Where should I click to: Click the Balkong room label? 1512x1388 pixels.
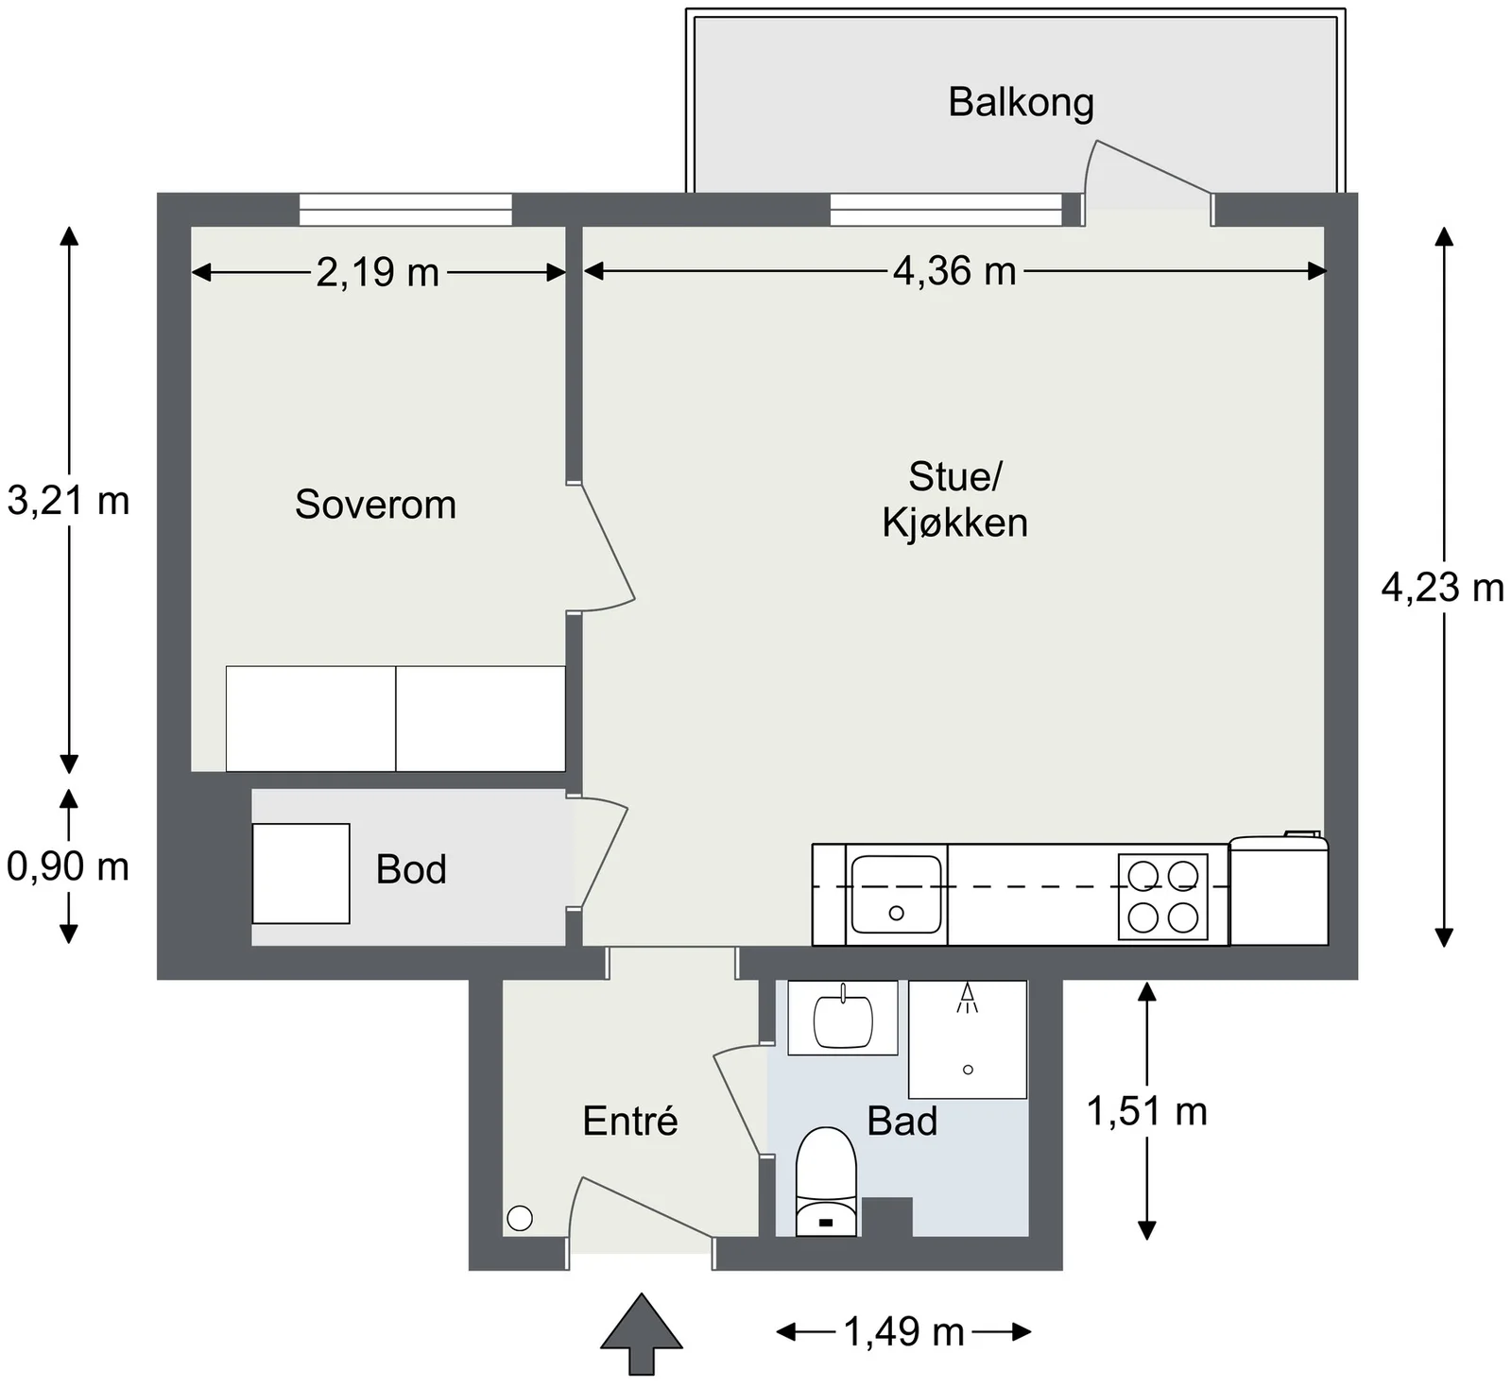pyautogui.click(x=1021, y=102)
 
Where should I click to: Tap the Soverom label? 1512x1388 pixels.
pyautogui.click(x=375, y=505)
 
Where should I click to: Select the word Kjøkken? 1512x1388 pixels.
pyautogui.click(x=954, y=523)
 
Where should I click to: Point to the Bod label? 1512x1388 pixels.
pyautogui.click(x=411, y=869)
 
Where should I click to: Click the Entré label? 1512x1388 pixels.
pyautogui.click(x=630, y=1121)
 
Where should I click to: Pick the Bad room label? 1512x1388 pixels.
pyautogui.click(x=902, y=1122)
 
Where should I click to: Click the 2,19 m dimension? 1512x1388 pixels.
pyautogui.click(x=377, y=273)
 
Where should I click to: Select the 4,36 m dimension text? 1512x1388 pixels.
pyautogui.click(x=954, y=272)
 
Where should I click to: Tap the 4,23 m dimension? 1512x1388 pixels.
pyautogui.click(x=1442, y=588)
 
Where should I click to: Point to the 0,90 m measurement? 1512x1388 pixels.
pyautogui.click(x=68, y=866)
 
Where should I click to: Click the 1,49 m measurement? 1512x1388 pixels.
pyautogui.click(x=903, y=1332)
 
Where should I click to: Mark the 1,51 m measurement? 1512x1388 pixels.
pyautogui.click(x=1146, y=1111)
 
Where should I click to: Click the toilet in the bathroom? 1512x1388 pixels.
pyautogui.click(x=826, y=1181)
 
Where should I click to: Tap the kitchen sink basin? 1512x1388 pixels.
pyautogui.click(x=896, y=894)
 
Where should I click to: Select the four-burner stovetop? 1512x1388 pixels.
pyautogui.click(x=1162, y=897)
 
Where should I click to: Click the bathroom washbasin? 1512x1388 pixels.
pyautogui.click(x=842, y=1018)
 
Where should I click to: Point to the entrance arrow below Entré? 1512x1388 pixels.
pyautogui.click(x=642, y=1333)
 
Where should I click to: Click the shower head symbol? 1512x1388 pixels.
pyautogui.click(x=967, y=997)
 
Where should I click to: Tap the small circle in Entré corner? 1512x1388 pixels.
pyautogui.click(x=520, y=1219)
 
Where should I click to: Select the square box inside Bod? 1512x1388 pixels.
pyautogui.click(x=301, y=873)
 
